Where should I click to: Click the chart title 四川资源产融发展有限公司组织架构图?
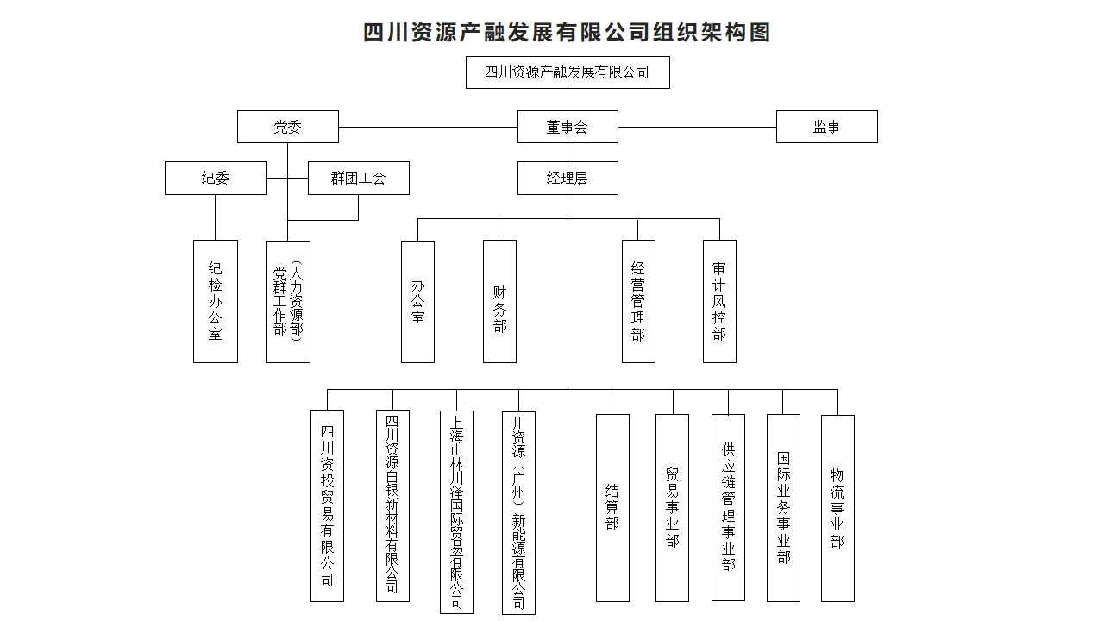tap(567, 33)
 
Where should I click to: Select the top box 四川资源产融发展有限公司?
tap(568, 72)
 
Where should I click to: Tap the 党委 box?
tap(288, 127)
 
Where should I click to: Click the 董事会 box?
tap(568, 127)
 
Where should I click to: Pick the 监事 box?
tap(826, 127)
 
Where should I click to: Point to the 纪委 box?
tap(216, 178)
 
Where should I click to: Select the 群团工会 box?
tap(359, 178)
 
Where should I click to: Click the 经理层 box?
tap(568, 178)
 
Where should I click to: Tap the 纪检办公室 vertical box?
tap(216, 301)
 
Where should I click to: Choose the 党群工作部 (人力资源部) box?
tap(288, 301)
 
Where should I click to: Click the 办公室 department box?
tap(417, 301)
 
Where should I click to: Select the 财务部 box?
tap(499, 301)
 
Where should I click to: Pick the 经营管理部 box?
tap(638, 301)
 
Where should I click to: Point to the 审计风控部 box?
tap(719, 301)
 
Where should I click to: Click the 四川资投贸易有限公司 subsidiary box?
tap(327, 505)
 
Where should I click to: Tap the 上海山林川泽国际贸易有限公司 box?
tap(456, 511)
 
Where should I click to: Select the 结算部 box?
tap(612, 507)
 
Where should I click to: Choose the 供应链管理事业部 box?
tap(728, 507)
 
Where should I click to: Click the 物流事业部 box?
tap(837, 508)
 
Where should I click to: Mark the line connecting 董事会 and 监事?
tap(697, 127)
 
